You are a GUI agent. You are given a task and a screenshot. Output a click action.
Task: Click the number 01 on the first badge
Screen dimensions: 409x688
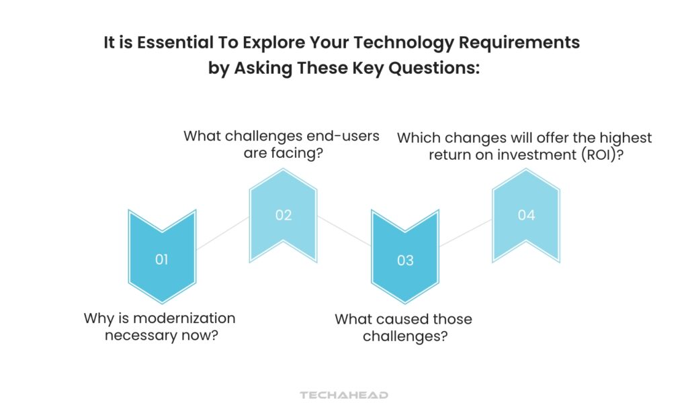coord(161,259)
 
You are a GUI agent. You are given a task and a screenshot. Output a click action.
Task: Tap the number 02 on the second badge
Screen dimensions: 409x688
coord(284,216)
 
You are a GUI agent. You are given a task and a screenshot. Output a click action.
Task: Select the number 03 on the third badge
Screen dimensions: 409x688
coord(405,260)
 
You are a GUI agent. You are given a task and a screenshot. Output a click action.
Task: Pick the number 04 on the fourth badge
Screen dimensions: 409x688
coord(526,215)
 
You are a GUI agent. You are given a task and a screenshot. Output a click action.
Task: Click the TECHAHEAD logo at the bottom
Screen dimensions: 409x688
coord(344,396)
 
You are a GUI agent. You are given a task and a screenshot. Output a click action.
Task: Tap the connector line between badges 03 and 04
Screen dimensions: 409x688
coord(466,232)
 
